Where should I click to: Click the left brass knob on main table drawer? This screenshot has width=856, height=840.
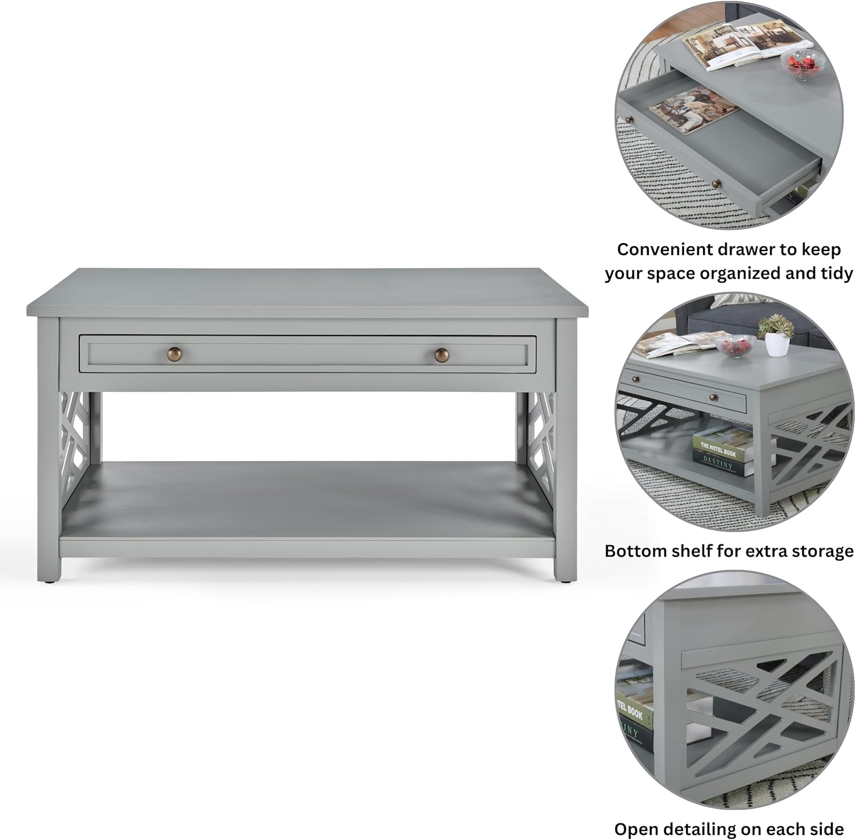point(175,354)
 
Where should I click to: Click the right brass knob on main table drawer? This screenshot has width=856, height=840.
point(442,355)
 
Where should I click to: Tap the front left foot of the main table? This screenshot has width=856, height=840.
point(50,580)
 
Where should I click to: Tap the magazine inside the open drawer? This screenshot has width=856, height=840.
point(694,110)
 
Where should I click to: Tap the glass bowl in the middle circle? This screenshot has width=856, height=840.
point(735,346)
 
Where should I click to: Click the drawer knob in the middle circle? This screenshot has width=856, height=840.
point(713,397)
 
